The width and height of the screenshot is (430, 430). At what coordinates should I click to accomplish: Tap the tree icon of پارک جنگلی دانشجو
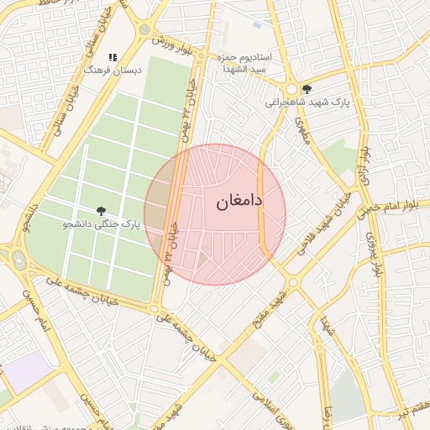point(102,212)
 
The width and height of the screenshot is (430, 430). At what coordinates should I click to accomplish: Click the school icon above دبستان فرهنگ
point(112,57)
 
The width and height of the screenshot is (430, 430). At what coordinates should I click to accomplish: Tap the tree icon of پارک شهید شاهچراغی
point(307,88)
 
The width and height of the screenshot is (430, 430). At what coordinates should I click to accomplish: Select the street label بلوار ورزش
point(180,49)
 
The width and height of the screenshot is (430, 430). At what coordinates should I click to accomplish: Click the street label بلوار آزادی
point(365,160)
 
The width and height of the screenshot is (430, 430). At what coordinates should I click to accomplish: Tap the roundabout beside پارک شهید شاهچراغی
point(291,89)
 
